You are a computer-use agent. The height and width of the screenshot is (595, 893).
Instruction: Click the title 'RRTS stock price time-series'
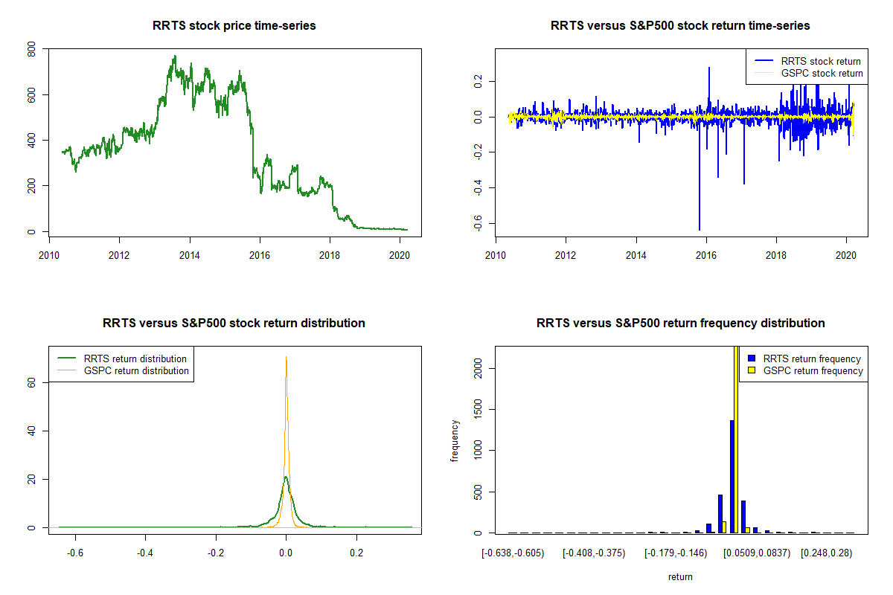click(234, 26)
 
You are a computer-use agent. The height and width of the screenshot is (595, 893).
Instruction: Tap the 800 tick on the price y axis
click(31, 50)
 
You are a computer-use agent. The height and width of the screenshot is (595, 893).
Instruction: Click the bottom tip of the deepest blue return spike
click(700, 229)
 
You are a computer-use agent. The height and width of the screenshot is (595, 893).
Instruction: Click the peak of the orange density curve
click(286, 358)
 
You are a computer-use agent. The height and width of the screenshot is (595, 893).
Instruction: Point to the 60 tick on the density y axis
click(31, 382)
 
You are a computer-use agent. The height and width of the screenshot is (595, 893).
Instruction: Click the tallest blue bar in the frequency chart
click(732, 476)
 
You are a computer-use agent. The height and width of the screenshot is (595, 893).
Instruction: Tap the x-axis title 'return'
click(680, 576)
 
